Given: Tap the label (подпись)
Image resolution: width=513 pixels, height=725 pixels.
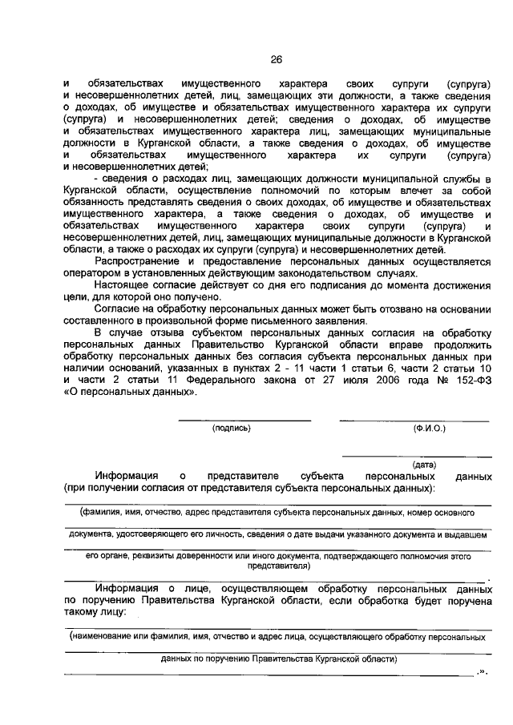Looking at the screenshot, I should click(232, 429).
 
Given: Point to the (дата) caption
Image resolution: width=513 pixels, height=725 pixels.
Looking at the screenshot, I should click(424, 464).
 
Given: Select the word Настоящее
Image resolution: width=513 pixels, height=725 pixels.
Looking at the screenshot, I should click(123, 284).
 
